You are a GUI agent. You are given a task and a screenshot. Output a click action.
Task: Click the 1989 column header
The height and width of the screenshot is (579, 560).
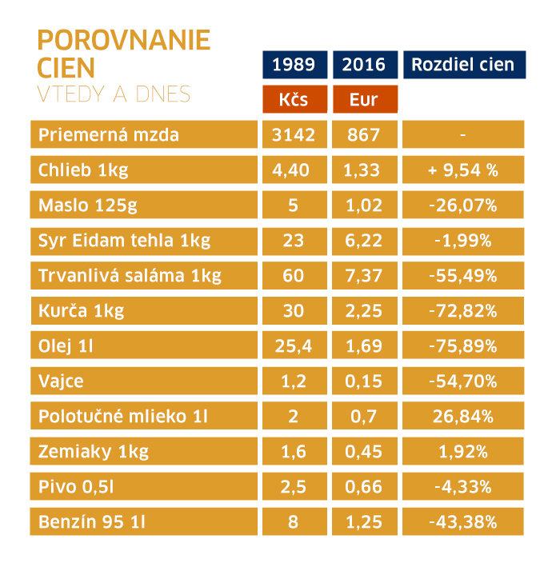[294, 65]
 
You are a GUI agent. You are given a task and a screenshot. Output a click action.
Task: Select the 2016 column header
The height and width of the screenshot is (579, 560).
[364, 65]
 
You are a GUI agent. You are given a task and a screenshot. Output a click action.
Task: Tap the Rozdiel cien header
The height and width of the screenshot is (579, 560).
[463, 65]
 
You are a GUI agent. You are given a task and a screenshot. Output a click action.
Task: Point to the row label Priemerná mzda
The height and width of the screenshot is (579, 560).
[109, 134]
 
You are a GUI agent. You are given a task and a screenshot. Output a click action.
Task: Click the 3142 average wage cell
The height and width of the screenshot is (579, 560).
[294, 134]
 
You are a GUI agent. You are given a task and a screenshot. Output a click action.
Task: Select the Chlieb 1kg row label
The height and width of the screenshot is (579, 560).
[83, 170]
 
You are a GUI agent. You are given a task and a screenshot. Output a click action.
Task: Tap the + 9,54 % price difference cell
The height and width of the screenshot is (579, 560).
[463, 170]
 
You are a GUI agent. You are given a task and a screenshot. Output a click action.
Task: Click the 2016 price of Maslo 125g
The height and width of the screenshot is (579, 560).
[364, 205]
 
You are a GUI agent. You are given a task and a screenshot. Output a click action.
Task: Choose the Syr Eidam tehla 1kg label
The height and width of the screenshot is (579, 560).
[123, 240]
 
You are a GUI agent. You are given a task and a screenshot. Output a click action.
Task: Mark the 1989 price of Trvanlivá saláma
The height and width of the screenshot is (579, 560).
[294, 276]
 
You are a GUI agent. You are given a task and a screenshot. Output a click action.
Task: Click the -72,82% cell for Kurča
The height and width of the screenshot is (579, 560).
[463, 311]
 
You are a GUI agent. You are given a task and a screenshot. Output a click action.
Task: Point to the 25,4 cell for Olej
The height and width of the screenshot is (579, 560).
[294, 346]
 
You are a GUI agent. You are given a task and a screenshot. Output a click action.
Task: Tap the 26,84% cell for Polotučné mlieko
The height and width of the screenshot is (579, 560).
[463, 417]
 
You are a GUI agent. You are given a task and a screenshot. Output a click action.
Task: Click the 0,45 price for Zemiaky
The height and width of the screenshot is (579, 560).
[364, 453]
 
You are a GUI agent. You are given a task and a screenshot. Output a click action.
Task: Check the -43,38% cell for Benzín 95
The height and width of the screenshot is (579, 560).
[463, 523]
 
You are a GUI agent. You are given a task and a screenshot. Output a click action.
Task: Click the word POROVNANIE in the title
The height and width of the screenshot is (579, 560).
[124, 40]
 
